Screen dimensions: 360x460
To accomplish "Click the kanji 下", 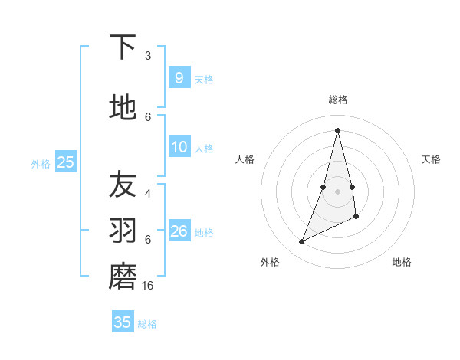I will (x=123, y=47).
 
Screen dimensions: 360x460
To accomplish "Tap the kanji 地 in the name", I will (x=123, y=108).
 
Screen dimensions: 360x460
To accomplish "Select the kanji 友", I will (x=123, y=185).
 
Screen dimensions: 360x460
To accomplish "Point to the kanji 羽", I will (x=123, y=231).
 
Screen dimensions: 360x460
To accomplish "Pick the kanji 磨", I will (x=123, y=277).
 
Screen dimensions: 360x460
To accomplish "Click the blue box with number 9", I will (x=179, y=77).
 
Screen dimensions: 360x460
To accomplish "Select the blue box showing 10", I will (x=179, y=148).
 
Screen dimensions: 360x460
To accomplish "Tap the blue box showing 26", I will (x=179, y=231).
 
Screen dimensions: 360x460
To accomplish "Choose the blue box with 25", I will (x=65, y=162).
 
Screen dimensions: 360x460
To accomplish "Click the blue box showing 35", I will (x=123, y=322).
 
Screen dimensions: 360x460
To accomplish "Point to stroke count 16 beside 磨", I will (x=149, y=285).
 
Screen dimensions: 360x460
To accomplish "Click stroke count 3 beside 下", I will (x=148, y=56).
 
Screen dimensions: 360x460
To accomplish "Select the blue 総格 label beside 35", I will (x=147, y=324).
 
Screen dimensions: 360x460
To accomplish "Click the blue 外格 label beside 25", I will (x=41, y=163).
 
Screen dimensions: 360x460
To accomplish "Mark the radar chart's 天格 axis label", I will (x=431, y=159).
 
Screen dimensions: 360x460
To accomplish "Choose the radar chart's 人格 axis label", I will (x=245, y=159).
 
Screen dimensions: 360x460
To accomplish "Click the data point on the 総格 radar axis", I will (x=337, y=130).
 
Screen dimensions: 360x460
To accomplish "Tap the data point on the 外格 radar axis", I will (x=301, y=242).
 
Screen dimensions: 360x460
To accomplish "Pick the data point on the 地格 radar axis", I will (x=356, y=217).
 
